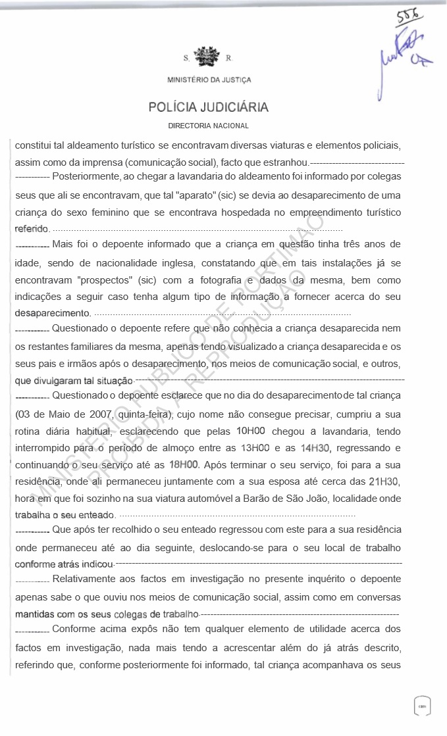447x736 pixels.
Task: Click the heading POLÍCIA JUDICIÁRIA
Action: pyautogui.click(x=209, y=107)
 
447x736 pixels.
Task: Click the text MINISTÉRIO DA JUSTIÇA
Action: pyautogui.click(x=209, y=80)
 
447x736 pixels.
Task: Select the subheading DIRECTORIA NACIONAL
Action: pyautogui.click(x=209, y=126)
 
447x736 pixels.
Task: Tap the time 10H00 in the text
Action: pyautogui.click(x=250, y=431)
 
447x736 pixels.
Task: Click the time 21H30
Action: pyautogui.click(x=384, y=481)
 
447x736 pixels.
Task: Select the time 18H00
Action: pyautogui.click(x=184, y=464)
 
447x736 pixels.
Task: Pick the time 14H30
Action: pyautogui.click(x=315, y=448)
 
